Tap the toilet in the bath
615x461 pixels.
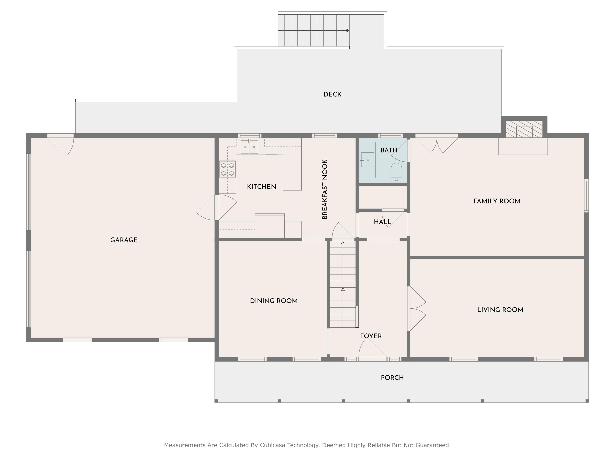(x=396, y=172)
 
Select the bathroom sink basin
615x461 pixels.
(x=367, y=160)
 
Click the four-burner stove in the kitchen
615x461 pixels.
(x=227, y=169)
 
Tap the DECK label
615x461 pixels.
(x=332, y=94)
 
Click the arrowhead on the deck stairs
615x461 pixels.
(x=347, y=31)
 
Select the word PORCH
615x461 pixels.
(x=392, y=378)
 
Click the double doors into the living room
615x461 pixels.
(x=417, y=308)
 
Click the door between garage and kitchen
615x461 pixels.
(x=217, y=207)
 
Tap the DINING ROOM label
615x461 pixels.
(x=274, y=301)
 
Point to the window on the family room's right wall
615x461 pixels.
(x=586, y=196)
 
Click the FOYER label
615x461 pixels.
(x=371, y=336)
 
